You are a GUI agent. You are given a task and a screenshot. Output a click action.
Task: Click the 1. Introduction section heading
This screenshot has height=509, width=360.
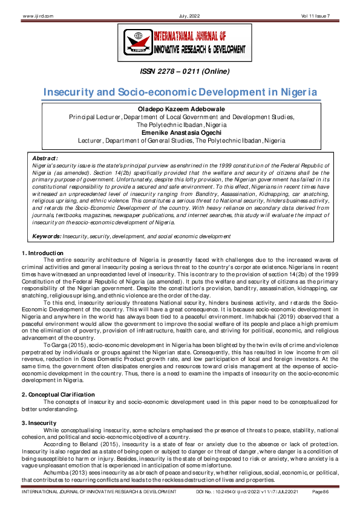click(x=42, y=252)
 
